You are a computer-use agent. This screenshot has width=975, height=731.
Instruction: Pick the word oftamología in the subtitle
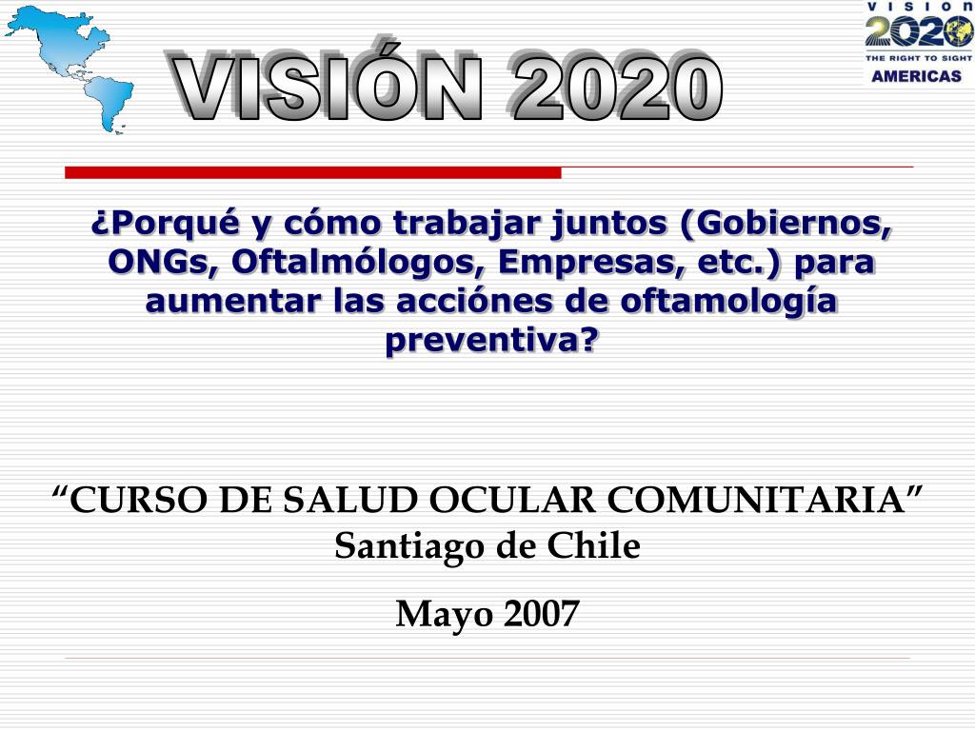pyautogui.click(x=728, y=302)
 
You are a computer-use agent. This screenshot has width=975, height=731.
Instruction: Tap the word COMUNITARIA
pyautogui.click(x=756, y=499)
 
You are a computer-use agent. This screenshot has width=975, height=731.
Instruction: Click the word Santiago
pyautogui.click(x=409, y=547)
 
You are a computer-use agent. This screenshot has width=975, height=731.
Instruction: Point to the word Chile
pyautogui.click(x=593, y=545)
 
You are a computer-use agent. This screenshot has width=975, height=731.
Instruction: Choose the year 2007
pyautogui.click(x=541, y=614)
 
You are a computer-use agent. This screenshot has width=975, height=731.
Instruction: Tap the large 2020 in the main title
pyautogui.click(x=617, y=87)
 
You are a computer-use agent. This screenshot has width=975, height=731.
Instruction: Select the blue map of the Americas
pyautogui.click(x=70, y=69)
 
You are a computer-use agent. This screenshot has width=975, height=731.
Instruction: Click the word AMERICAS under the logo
pyautogui.click(x=916, y=76)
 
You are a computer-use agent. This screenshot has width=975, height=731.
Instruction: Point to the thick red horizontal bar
pyautogui.click(x=312, y=172)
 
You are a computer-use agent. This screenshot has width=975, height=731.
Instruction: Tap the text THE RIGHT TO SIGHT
pyautogui.click(x=918, y=58)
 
